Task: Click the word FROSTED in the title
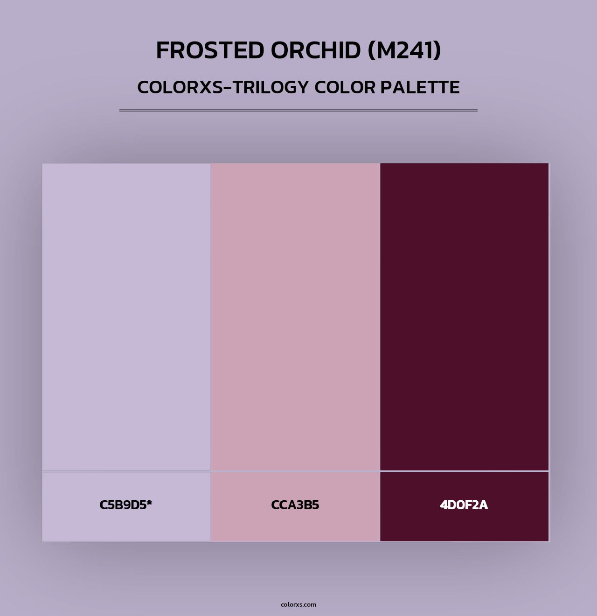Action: coord(210,50)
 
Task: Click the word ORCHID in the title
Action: coord(316,50)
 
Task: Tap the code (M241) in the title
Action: coord(404,50)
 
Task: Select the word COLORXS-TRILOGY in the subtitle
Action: coord(223,87)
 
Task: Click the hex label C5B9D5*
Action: coord(125,505)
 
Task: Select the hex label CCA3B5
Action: coord(295,505)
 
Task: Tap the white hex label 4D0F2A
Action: coord(464,505)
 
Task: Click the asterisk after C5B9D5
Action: coord(149,503)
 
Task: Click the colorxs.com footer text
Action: coord(298,604)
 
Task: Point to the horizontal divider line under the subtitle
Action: coord(298,111)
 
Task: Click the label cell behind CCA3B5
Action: coord(295,527)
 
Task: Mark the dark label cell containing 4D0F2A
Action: coord(464,527)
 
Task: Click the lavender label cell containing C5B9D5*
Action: coord(126,527)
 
